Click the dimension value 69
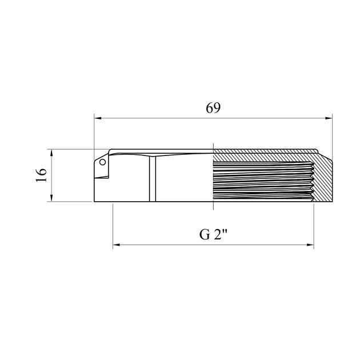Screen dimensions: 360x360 click(x=213, y=108)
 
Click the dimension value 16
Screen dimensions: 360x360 click(x=42, y=175)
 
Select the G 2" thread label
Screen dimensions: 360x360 click(x=213, y=234)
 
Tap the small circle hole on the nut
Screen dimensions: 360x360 click(x=102, y=162)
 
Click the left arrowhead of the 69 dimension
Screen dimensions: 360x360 click(x=98, y=118)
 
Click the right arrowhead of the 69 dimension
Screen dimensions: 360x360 click(x=329, y=118)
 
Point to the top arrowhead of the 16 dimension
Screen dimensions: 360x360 click(x=51, y=153)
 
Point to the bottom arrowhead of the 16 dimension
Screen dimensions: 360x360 click(x=51, y=198)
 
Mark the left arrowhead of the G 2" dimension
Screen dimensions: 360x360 click(x=117, y=245)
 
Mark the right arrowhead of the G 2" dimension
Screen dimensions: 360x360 click(x=310, y=245)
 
